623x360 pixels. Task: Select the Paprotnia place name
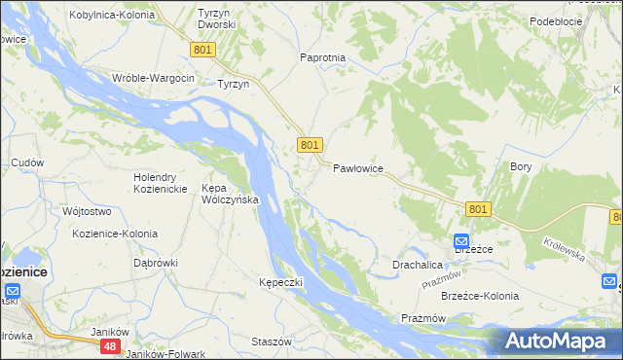[323, 57]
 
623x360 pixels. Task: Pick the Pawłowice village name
[358, 168]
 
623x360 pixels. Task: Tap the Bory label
[521, 166]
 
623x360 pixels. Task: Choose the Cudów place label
[27, 162]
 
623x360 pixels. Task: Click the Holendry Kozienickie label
[166, 182]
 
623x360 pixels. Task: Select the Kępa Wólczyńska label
[229, 194]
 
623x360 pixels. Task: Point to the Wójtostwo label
[86, 211]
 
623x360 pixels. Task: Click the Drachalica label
[418, 265]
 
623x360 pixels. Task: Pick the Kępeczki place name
[281, 282]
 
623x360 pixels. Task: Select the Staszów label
[272, 342]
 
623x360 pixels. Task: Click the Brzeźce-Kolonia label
[480, 296]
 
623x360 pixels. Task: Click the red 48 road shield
[111, 345]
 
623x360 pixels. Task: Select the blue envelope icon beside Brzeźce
[461, 241]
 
